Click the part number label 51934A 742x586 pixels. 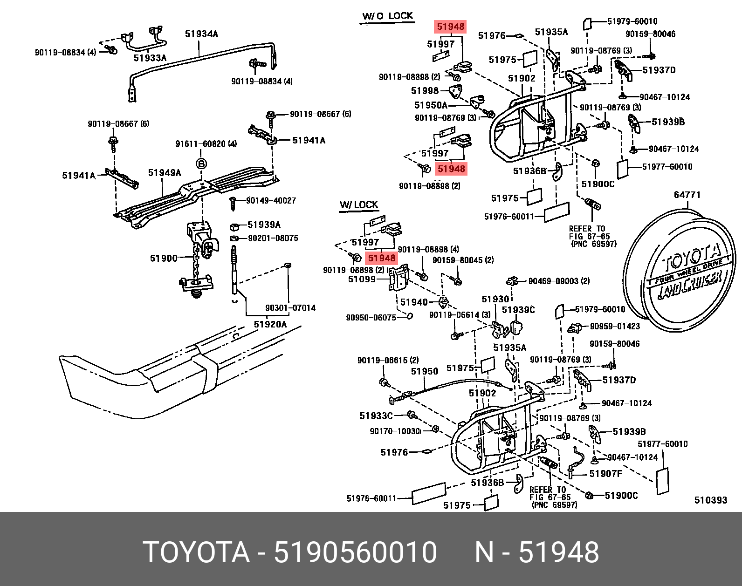coord(201,34)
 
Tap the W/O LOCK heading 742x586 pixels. coord(387,16)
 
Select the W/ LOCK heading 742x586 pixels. coord(358,205)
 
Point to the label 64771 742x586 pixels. coord(687,195)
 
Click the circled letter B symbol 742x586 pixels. coord(201,164)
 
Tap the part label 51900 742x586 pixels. coord(164,258)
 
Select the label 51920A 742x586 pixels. coord(270,324)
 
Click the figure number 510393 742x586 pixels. coord(710,500)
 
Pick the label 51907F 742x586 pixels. coord(605,474)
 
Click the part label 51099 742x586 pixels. coord(362,279)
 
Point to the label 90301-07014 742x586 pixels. coord(290,308)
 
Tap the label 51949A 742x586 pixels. coord(165,173)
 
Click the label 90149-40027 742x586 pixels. coord(271,201)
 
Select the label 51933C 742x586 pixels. coord(376,416)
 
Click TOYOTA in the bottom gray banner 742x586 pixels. coord(196,552)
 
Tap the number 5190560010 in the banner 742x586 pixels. coord(355,552)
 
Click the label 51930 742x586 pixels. coord(495,299)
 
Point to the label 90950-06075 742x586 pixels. coord(371,318)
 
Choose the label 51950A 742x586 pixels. coord(431,105)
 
